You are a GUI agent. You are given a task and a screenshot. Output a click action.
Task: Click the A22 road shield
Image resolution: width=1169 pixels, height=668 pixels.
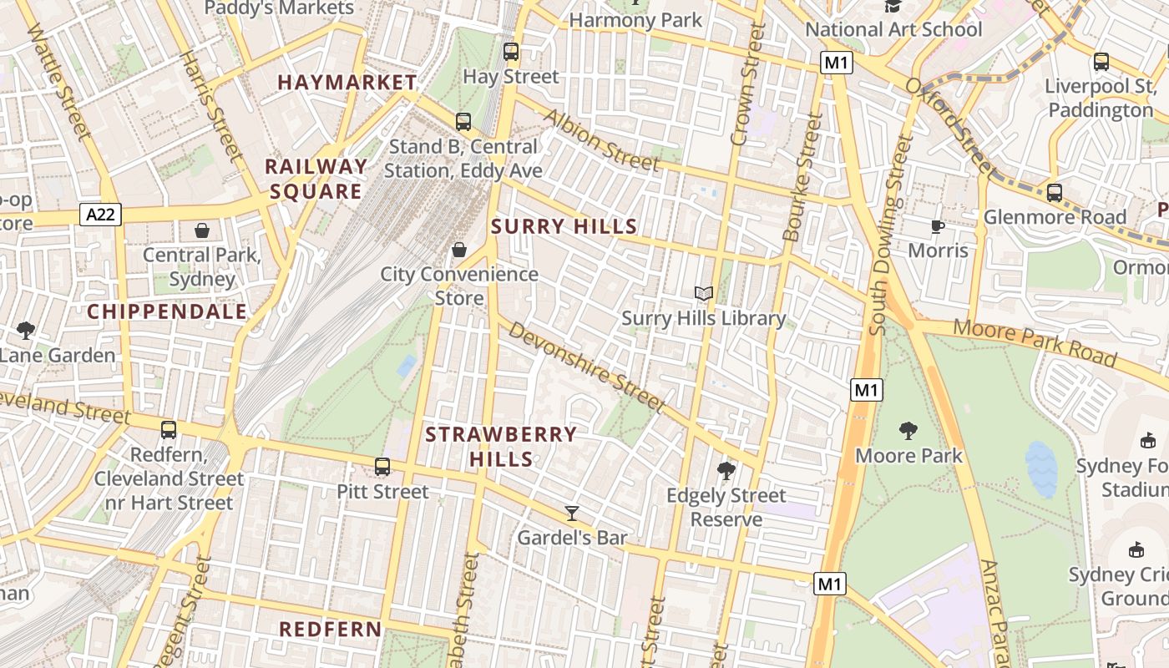(102, 215)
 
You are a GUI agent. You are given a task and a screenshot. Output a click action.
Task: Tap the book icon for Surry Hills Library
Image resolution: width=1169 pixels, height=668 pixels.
(704, 293)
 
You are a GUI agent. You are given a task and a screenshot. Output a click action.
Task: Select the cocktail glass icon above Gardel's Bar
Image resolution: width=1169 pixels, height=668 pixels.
(572, 513)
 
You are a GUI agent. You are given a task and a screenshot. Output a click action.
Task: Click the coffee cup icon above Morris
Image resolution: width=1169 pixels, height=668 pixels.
(938, 226)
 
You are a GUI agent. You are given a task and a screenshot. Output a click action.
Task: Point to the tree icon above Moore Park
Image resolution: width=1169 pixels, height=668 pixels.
(908, 431)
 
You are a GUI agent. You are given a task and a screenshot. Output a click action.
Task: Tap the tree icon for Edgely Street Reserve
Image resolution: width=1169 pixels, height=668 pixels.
(726, 471)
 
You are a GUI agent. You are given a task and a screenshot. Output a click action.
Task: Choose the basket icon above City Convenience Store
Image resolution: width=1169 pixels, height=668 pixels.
(458, 249)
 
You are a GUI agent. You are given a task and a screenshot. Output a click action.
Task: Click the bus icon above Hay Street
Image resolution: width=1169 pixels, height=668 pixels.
(510, 52)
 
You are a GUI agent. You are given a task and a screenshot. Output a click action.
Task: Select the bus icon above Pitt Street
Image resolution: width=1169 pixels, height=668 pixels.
(382, 467)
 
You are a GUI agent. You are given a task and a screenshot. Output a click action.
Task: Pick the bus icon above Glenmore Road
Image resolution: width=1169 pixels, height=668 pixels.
(1054, 193)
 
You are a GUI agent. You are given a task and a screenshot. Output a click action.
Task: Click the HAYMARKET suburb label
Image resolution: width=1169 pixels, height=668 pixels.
(347, 82)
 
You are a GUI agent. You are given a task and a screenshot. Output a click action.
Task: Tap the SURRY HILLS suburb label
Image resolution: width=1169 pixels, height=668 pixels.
(564, 226)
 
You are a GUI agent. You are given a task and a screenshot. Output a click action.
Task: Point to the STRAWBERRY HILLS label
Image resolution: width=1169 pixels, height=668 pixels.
(501, 446)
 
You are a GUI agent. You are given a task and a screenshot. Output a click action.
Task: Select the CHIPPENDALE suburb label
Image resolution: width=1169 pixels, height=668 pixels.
(167, 311)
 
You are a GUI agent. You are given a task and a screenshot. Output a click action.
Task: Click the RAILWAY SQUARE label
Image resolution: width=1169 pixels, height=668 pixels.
(316, 179)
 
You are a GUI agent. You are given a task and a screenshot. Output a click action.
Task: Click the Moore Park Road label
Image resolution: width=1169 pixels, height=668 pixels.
(1035, 342)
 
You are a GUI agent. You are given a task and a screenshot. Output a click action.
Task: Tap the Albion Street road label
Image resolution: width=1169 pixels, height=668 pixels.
(602, 139)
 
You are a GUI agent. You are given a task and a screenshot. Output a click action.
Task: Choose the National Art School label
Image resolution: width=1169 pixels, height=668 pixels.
(893, 29)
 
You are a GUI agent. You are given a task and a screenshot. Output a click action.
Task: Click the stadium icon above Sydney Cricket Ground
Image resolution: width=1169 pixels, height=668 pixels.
(1136, 549)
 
